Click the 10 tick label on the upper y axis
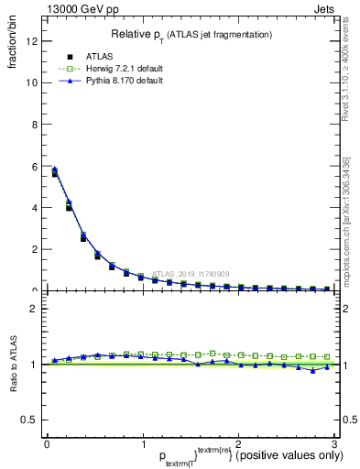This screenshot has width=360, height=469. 32,82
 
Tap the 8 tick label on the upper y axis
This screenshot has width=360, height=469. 35,125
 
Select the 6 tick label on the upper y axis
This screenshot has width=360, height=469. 35,166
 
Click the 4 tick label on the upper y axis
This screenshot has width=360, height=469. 35,208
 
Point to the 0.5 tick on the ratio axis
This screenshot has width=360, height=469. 30,420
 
